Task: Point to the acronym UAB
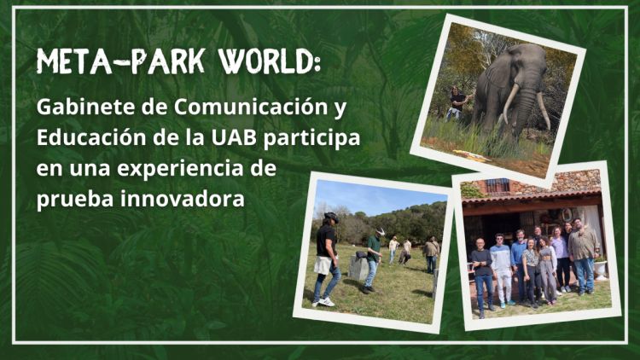pos(234,137)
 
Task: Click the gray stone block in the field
pos(358,266)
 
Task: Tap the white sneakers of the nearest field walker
pos(323,303)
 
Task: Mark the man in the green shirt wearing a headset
pos(373,260)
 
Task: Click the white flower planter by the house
pos(600,270)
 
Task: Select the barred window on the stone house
pos(497,187)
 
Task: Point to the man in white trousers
pos(501,270)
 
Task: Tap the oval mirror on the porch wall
pos(567,214)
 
